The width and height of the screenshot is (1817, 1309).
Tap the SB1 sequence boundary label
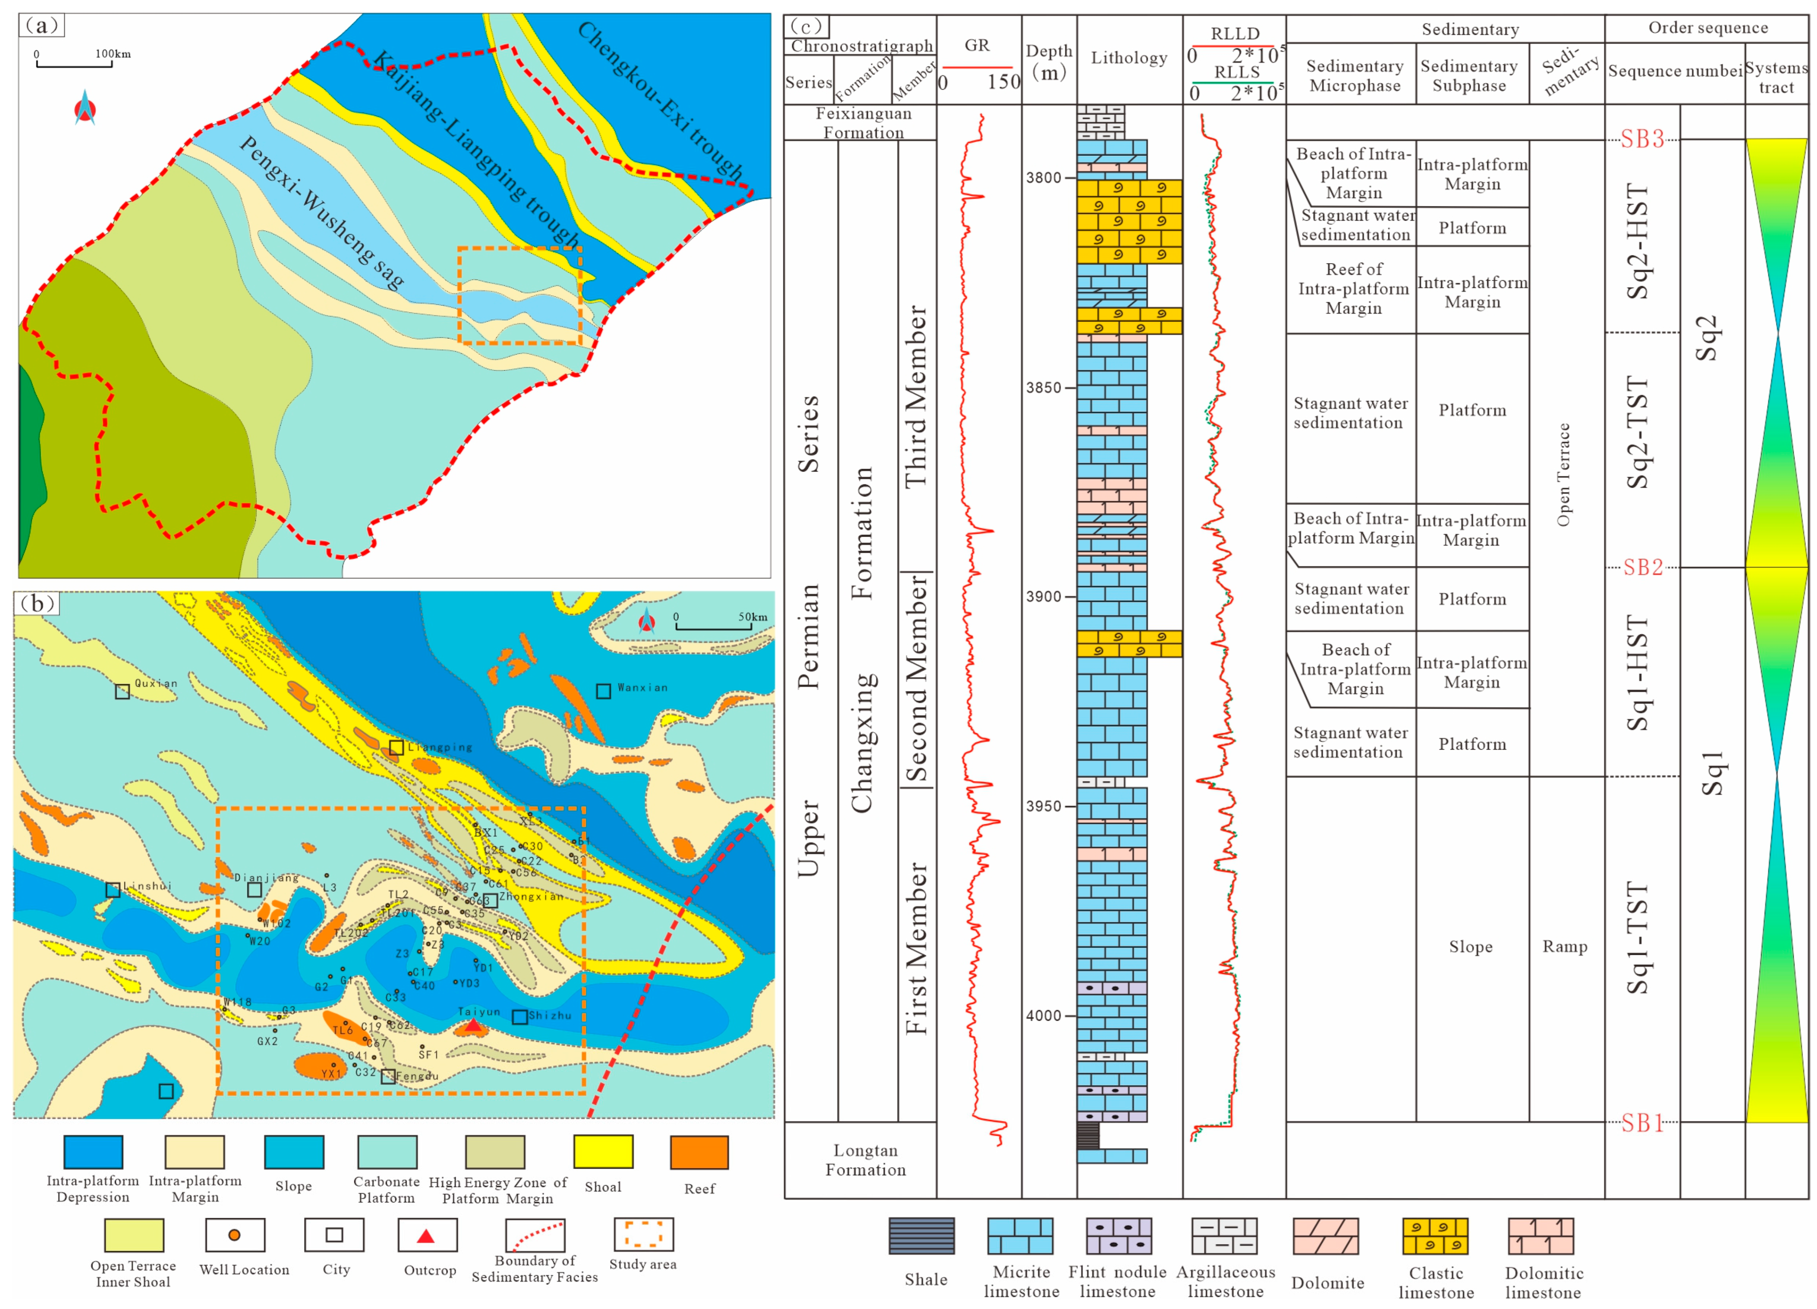(1642, 1122)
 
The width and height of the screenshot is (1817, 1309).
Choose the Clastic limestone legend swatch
(1435, 1236)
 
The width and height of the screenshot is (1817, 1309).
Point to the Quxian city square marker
(122, 691)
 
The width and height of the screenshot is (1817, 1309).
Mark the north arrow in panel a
(85, 108)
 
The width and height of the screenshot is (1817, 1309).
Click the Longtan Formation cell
(865, 1159)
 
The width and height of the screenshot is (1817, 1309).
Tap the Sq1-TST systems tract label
(1637, 937)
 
